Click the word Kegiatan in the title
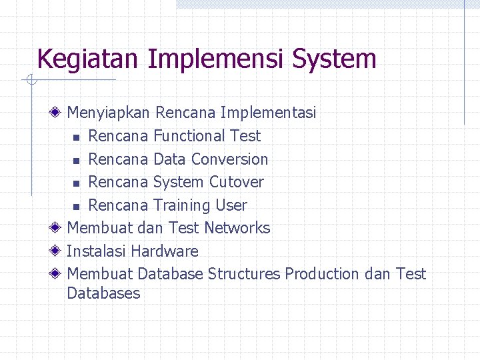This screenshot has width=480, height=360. [x=89, y=59]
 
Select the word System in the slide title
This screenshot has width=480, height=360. [x=335, y=59]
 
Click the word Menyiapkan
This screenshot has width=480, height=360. [x=109, y=113]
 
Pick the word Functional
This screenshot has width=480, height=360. [x=189, y=136]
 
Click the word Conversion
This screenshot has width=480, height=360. [x=229, y=159]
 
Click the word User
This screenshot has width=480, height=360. [x=231, y=205]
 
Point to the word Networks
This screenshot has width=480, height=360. [x=237, y=228]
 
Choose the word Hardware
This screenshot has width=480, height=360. [x=165, y=251]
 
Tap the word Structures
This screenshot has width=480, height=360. [x=244, y=274]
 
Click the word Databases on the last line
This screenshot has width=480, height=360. [x=103, y=293]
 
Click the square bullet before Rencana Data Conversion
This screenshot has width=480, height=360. [x=77, y=160]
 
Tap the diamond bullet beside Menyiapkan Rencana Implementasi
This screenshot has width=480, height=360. [x=58, y=113]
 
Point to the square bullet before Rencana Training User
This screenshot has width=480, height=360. [x=77, y=206]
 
